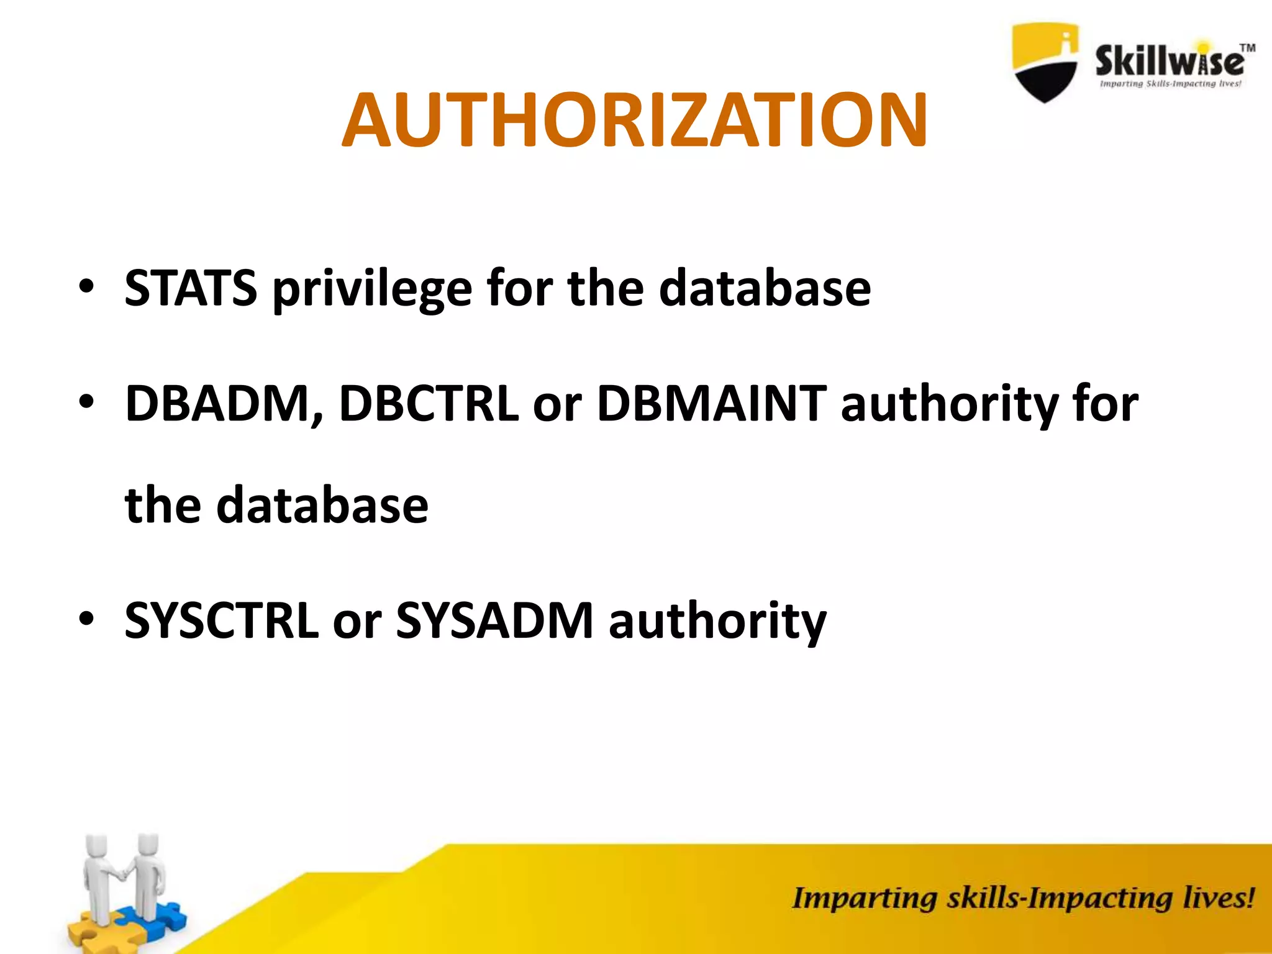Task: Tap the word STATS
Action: tap(191, 288)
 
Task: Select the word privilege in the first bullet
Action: tap(372, 289)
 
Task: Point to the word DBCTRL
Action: tap(429, 404)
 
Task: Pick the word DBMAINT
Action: tap(711, 404)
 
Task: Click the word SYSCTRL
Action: tap(222, 620)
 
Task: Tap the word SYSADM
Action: tap(494, 620)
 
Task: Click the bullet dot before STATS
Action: tap(86, 287)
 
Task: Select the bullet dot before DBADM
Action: tap(86, 402)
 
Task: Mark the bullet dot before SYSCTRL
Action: tap(86, 619)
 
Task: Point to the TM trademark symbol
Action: tap(1247, 48)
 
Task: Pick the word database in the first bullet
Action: tap(765, 288)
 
